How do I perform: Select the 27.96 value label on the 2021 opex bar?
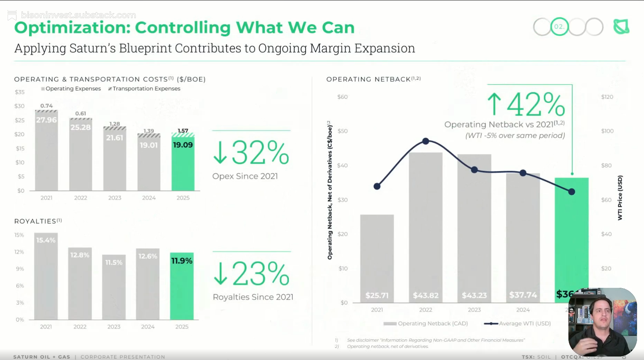pos(46,120)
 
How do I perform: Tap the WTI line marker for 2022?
pos(426,141)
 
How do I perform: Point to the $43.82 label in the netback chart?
pos(426,295)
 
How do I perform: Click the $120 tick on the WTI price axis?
pos(607,97)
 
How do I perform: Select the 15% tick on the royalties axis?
pos(19,235)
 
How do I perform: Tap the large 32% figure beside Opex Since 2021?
pos(260,153)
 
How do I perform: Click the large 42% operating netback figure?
pos(536,104)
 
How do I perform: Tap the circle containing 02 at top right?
pos(559,27)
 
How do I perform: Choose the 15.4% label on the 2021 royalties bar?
pos(46,240)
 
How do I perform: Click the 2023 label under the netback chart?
pos(474,310)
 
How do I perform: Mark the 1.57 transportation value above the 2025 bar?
pos(183,131)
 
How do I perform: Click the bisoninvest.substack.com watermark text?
pos(78,15)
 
